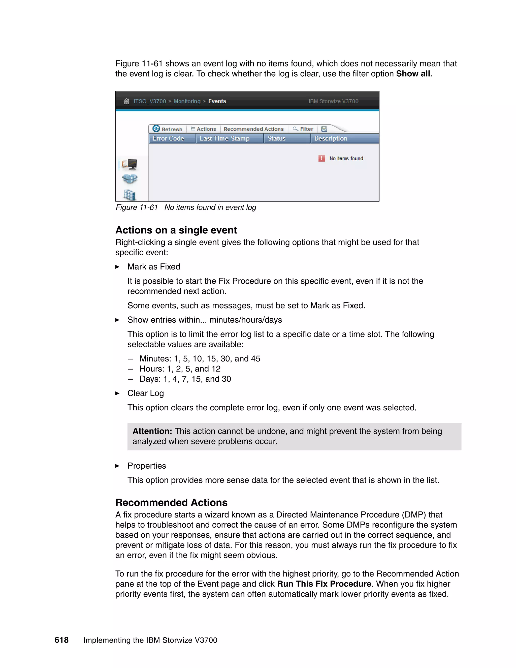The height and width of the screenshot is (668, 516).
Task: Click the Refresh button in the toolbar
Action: click(x=168, y=129)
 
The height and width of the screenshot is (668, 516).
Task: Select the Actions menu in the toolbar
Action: click(x=203, y=129)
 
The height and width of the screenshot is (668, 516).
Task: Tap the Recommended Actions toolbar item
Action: click(x=253, y=129)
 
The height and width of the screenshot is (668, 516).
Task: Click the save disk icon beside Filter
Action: click(x=324, y=129)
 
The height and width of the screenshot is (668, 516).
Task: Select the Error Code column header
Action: click(x=169, y=139)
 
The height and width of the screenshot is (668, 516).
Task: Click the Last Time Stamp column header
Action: click(x=224, y=139)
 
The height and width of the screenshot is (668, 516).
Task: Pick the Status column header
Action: click(x=276, y=139)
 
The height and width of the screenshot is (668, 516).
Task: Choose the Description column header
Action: click(x=331, y=139)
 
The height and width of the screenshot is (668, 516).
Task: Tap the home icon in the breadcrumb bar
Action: click(x=126, y=101)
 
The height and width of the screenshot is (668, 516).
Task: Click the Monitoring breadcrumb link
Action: click(x=187, y=101)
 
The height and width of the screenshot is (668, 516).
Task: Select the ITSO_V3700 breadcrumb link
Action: click(x=150, y=101)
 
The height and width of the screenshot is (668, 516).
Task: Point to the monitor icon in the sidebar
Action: click(x=130, y=165)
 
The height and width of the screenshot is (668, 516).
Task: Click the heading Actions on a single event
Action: click(x=176, y=230)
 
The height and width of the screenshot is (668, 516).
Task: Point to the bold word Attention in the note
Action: click(x=152, y=431)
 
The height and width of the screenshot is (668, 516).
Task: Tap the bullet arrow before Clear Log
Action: click(x=117, y=393)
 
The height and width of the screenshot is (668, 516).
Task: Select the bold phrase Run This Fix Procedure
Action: click(x=324, y=584)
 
